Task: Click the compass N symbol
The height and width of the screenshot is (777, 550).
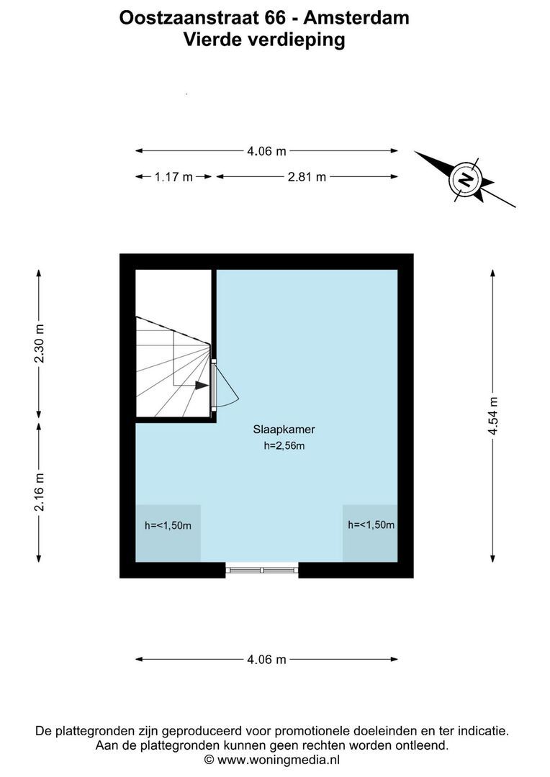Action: pyautogui.click(x=466, y=178)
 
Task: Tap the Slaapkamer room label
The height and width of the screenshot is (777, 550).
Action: pyautogui.click(x=284, y=430)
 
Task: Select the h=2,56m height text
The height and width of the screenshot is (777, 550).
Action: pyautogui.click(x=284, y=446)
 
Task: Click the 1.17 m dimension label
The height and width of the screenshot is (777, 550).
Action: pyautogui.click(x=173, y=177)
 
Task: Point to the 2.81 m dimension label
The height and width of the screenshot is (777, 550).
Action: pyautogui.click(x=307, y=177)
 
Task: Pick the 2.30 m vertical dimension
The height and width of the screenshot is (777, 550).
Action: pyautogui.click(x=40, y=344)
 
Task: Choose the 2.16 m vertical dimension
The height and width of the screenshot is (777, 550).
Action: pyautogui.click(x=40, y=492)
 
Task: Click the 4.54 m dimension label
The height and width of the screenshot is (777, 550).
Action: pyautogui.click(x=493, y=416)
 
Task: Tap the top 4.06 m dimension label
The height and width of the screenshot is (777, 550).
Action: pyautogui.click(x=266, y=151)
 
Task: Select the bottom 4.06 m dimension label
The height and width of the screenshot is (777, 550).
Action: pyautogui.click(x=266, y=659)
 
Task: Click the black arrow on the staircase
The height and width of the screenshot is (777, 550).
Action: pyautogui.click(x=201, y=385)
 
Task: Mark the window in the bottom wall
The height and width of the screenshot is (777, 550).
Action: pyautogui.click(x=262, y=571)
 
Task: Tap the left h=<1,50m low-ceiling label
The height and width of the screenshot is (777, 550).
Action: pyautogui.click(x=168, y=525)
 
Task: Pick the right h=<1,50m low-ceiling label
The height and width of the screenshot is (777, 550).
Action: pyautogui.click(x=371, y=524)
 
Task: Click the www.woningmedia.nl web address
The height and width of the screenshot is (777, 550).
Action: pyautogui.click(x=279, y=760)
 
